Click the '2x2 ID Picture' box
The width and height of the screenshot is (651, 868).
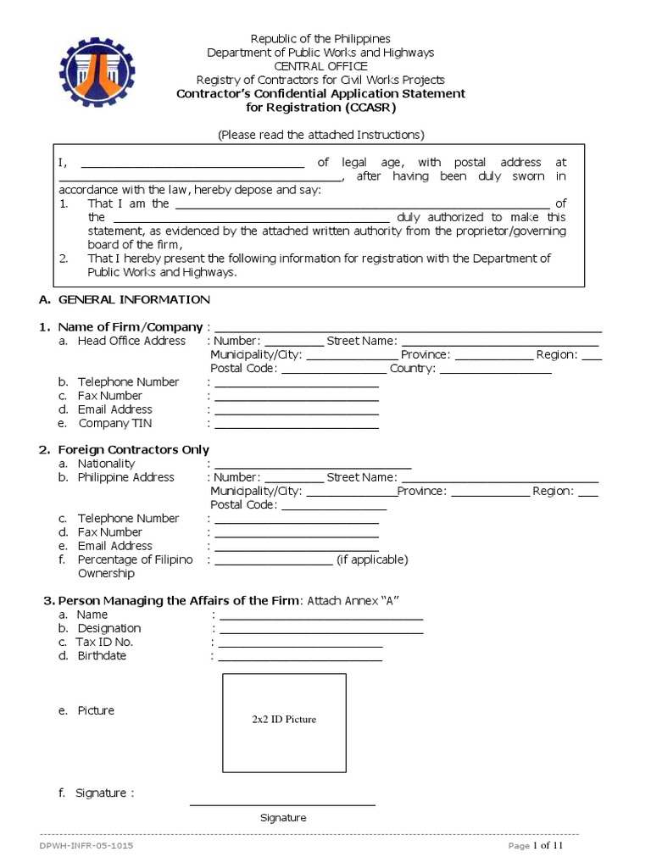284,722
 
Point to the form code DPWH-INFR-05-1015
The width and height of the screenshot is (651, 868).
86,846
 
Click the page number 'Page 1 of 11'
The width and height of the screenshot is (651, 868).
536,846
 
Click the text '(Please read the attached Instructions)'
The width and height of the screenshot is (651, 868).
320,135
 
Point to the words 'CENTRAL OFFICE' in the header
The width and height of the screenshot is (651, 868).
320,66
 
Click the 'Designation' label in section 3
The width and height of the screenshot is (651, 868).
109,628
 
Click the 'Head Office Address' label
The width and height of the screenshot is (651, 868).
131,341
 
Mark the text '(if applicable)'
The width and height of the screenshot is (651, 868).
372,559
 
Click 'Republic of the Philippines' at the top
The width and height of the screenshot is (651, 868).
320,39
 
